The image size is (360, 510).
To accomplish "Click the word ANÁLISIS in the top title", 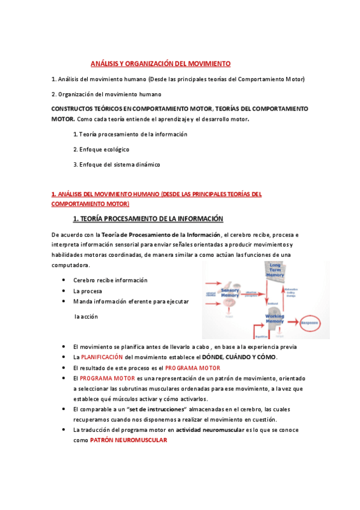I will tap(105, 63).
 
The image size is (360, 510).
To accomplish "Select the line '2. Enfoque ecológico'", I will tap(101, 149).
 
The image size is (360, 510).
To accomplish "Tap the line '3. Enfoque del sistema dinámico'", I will tap(117, 164).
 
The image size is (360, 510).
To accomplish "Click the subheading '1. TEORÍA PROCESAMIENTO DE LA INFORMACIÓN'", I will tap(148, 218).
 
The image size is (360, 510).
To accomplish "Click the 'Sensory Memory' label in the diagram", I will tap(230, 292).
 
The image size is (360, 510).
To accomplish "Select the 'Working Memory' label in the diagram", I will tap(274, 318).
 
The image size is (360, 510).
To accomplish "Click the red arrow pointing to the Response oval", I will tap(293, 322).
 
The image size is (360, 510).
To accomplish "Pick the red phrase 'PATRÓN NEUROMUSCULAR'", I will tap(128, 440).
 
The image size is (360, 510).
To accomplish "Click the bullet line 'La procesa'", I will tap(88, 290).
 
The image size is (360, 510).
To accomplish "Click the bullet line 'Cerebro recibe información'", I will tap(110, 280).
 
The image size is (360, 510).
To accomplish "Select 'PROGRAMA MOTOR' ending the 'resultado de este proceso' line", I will tap(193, 367).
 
